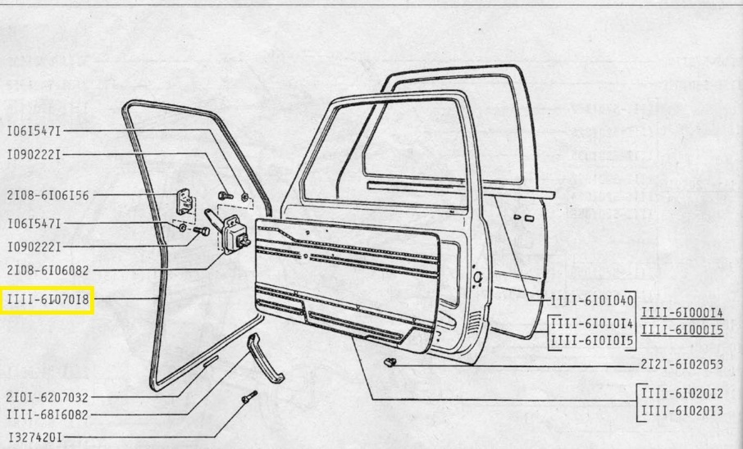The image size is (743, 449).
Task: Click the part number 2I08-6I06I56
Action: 48,195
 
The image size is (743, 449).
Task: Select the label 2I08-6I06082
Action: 48,269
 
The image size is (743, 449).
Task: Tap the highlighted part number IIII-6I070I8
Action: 48,301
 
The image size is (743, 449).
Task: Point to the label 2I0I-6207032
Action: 48,396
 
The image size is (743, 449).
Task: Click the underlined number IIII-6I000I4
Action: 681,312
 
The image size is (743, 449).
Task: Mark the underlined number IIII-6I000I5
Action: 681,330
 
